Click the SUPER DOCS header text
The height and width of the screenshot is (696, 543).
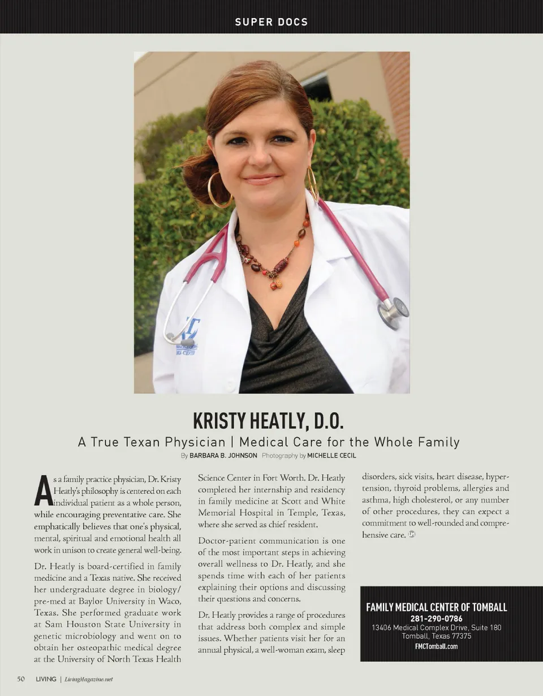[x=271, y=22]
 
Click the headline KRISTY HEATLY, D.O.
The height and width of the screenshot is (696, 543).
[x=269, y=421]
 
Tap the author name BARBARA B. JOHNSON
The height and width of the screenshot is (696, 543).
[x=223, y=455]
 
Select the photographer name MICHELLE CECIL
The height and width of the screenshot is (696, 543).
[x=331, y=455]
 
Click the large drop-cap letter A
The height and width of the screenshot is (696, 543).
[x=43, y=490]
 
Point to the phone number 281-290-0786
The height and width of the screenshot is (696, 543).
[x=436, y=619]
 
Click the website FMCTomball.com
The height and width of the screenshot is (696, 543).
[x=436, y=646]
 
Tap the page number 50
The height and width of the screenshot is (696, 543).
[x=21, y=679]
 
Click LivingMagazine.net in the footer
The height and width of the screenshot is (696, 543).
[x=88, y=679]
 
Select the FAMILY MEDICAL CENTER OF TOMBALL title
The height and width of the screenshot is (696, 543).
[x=436, y=607]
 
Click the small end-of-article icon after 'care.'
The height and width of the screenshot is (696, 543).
[x=412, y=534]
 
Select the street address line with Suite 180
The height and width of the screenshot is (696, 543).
[x=436, y=628]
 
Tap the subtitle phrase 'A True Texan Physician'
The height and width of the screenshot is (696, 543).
[x=153, y=442]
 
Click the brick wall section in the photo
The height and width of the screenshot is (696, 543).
[x=396, y=96]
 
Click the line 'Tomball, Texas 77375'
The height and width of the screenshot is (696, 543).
[x=436, y=636]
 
